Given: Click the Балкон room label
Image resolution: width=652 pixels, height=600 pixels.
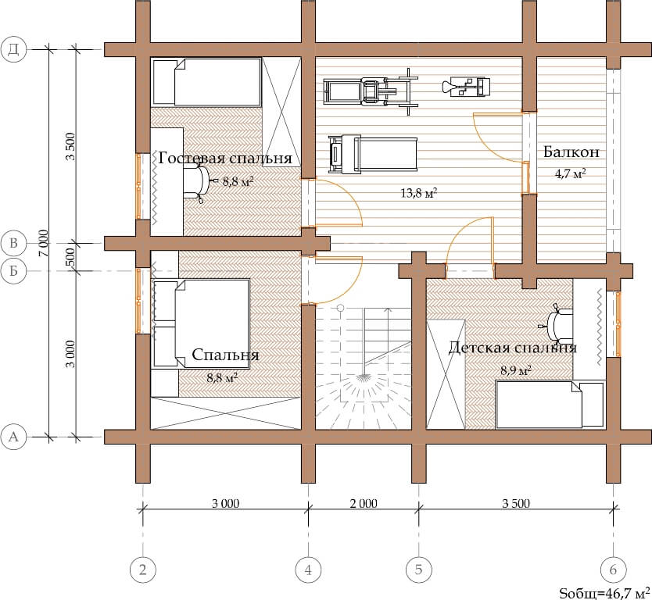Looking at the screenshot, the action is [571, 152].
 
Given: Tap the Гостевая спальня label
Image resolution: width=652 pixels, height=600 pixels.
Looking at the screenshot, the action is [225, 158].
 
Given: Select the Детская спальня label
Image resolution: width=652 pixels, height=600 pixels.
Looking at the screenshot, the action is [512, 348].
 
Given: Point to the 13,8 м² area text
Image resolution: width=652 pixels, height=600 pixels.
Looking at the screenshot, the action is [419, 193].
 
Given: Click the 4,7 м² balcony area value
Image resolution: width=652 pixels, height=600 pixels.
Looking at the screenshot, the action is [571, 173].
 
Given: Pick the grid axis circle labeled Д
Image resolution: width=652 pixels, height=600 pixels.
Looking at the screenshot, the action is [14, 49].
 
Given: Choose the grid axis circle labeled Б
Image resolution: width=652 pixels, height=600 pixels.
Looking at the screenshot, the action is [14, 271].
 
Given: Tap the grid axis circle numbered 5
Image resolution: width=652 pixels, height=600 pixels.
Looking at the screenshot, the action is [418, 570].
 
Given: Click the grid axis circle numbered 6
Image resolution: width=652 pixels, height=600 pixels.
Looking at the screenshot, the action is [614, 570].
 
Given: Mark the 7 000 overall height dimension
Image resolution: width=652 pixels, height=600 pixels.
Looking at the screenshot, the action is [44, 243].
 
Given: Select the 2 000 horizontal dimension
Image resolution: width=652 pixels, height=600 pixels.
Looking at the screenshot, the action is [364, 504].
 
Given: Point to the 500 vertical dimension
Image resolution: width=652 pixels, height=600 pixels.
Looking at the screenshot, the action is [70, 257].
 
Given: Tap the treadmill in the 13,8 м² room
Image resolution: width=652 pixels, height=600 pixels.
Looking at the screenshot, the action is [373, 154].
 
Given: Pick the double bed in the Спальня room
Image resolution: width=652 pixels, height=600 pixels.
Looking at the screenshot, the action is [202, 323].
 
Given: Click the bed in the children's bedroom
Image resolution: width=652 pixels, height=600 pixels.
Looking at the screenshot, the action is [550, 405].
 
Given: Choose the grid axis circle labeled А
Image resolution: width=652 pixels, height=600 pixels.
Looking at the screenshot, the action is [14, 437].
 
